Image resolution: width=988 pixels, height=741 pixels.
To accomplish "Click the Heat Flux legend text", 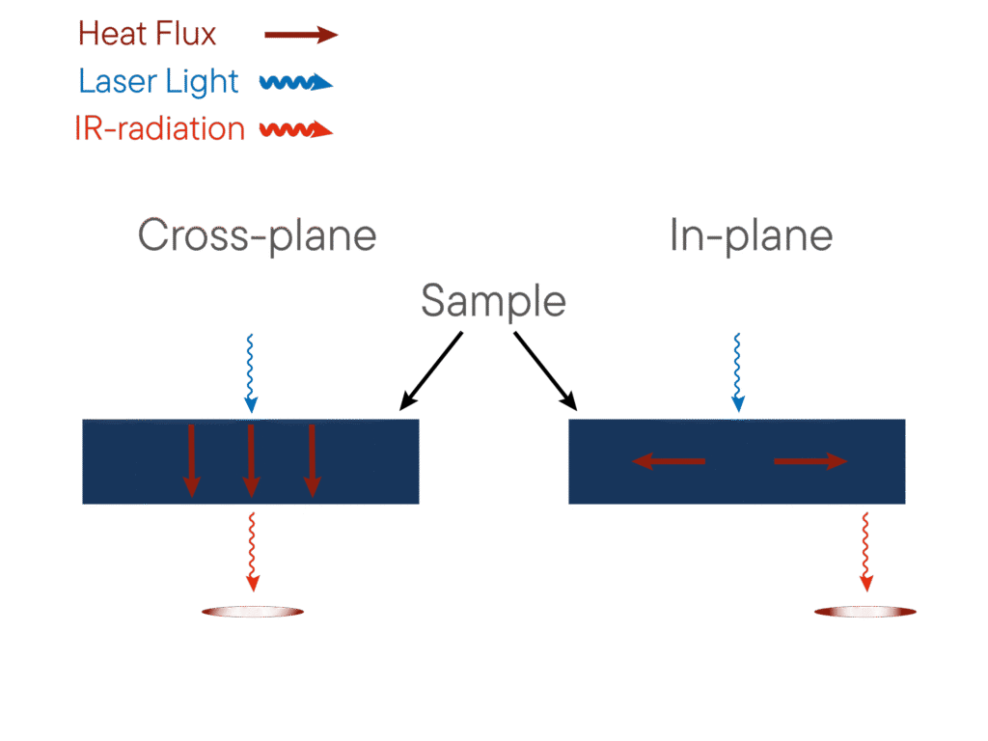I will (147, 35).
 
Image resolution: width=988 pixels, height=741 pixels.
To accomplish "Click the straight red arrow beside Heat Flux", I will (300, 36).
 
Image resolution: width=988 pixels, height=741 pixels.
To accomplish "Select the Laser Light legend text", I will (158, 82).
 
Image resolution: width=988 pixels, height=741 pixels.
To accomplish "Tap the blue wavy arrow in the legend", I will (295, 83).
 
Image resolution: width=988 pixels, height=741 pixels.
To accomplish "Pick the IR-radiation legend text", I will (160, 129).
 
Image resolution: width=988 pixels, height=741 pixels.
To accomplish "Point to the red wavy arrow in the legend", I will (296, 130).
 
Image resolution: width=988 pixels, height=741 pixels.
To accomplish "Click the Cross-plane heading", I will (257, 234).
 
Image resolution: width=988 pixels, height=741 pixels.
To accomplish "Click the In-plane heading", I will (752, 234).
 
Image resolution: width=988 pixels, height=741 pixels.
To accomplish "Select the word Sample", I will (493, 302).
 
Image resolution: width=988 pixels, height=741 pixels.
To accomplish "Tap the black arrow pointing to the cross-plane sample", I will (431, 370).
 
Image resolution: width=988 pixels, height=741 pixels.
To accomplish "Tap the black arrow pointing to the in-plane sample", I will (545, 370).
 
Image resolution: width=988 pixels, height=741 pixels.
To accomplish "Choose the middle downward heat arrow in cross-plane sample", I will (251, 460).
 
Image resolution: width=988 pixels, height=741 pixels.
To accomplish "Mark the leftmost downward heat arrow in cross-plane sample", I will (192, 460).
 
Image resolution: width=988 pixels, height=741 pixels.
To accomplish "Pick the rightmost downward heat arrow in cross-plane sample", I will (312, 460).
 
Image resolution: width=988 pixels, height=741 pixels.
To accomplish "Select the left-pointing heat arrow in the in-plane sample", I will (669, 462).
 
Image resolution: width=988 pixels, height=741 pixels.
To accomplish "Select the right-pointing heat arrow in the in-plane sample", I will (810, 462).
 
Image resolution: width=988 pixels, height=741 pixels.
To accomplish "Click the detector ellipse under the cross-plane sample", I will (253, 612).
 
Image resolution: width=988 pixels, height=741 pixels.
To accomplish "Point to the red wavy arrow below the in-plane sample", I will (865, 552).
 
